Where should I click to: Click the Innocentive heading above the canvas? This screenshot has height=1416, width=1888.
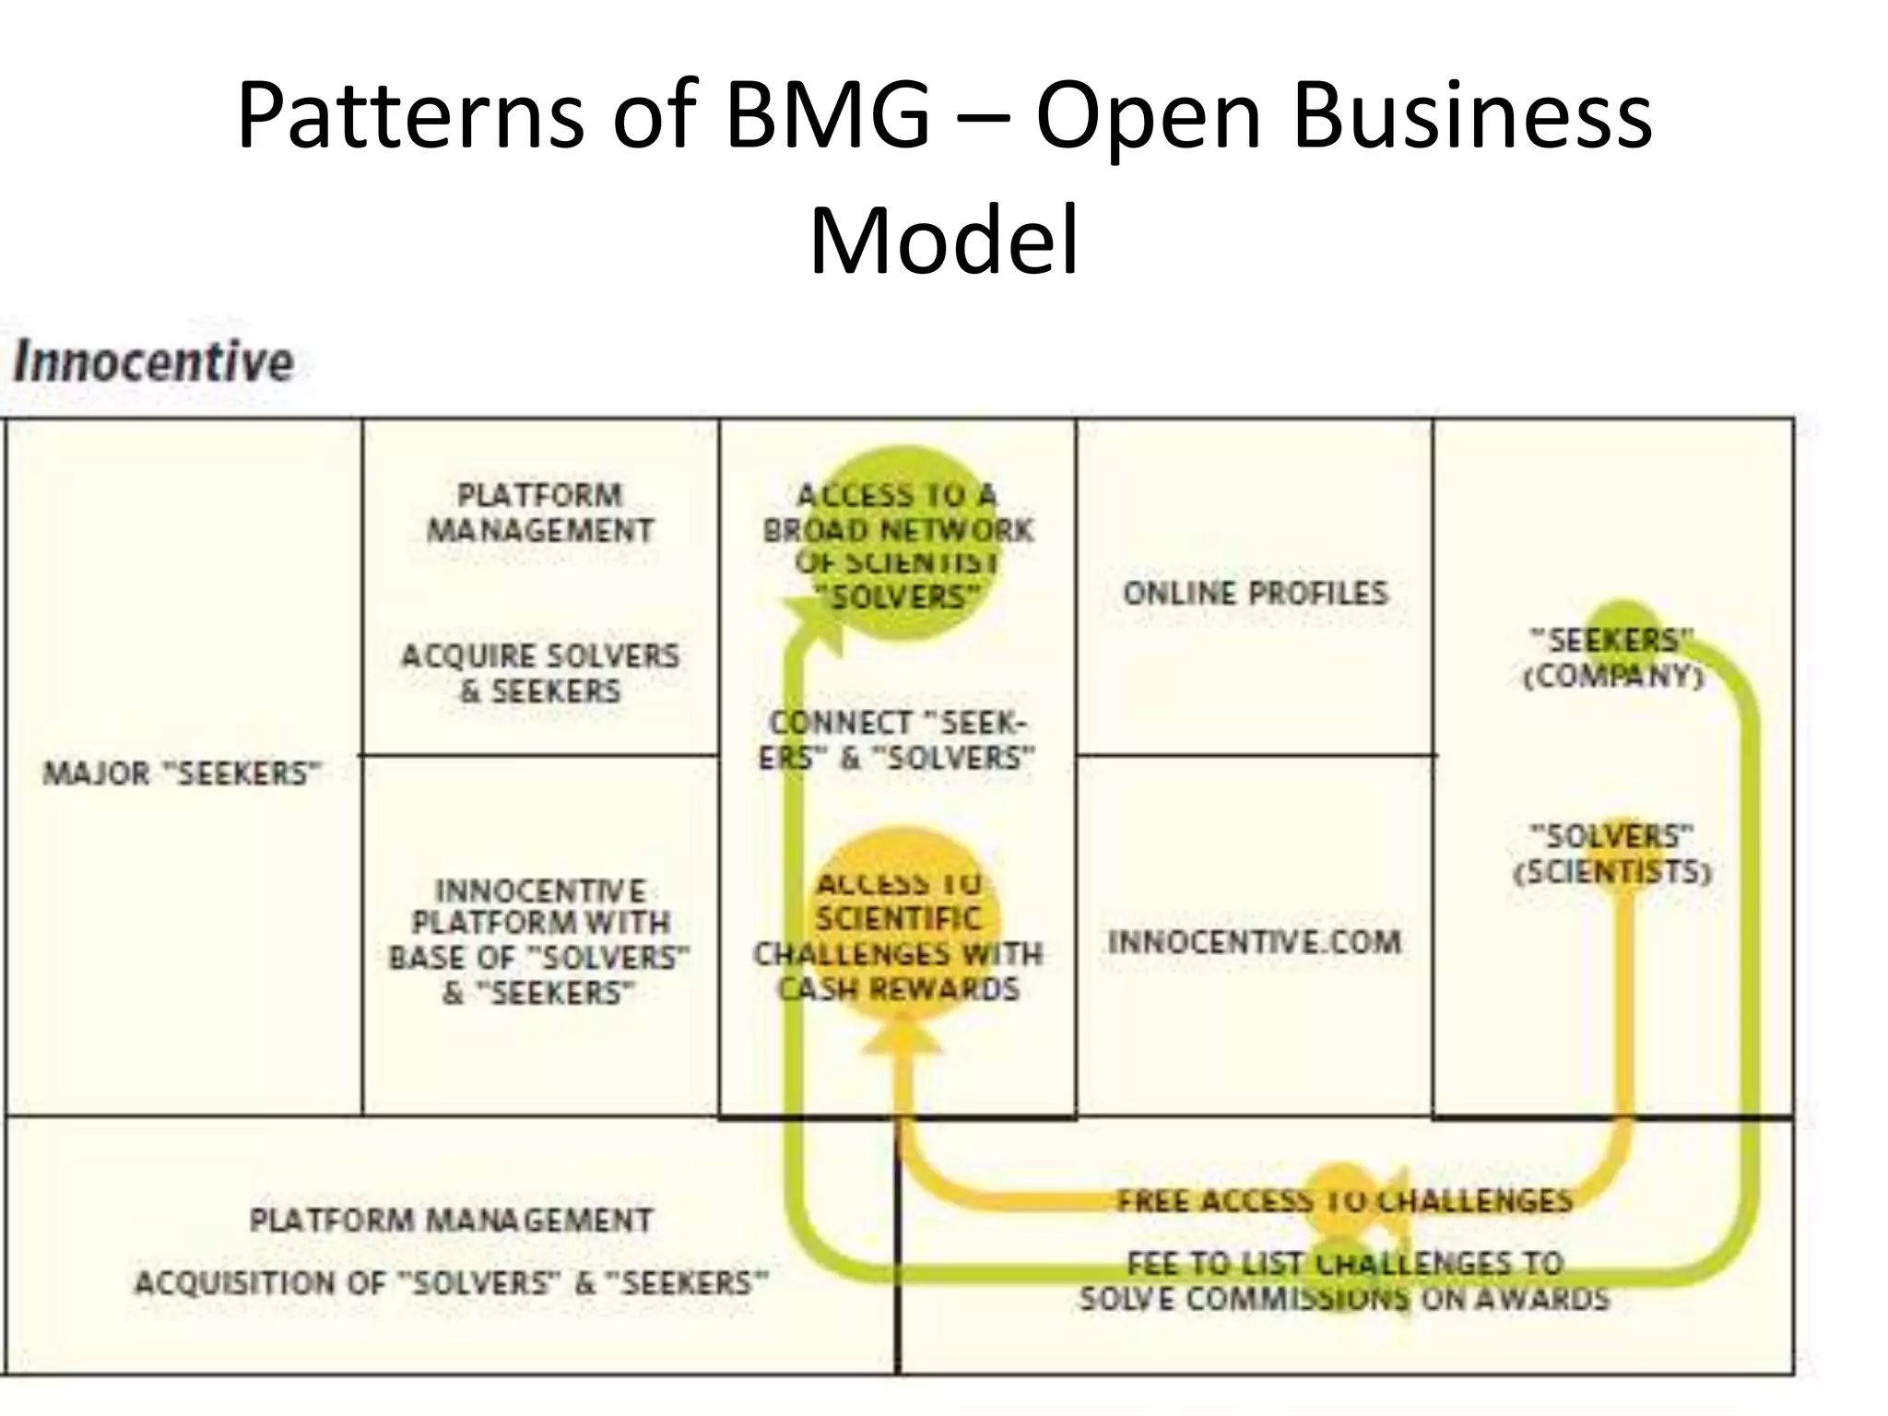tap(153, 361)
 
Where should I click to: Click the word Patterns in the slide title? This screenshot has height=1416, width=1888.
tap(410, 116)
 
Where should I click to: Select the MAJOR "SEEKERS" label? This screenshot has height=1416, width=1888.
tap(182, 773)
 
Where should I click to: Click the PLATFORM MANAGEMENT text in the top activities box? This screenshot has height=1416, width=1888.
tap(540, 513)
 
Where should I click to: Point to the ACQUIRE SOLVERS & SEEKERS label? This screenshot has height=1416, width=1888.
tap(540, 673)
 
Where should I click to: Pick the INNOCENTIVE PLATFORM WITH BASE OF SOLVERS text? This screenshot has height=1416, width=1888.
tap(540, 940)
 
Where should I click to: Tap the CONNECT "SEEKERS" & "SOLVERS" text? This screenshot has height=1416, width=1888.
tap(897, 740)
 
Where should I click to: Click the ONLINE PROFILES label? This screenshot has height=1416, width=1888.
tap(1255, 593)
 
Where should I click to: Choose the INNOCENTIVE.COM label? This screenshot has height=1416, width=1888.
tap(1255, 942)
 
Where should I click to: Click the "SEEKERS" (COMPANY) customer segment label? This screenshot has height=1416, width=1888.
tap(1612, 657)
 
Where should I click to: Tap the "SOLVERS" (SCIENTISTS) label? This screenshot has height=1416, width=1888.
tap(1612, 854)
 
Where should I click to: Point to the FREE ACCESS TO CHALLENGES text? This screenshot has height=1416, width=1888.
tap(1344, 1200)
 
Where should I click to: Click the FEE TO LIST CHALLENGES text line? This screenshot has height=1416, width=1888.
tap(1344, 1263)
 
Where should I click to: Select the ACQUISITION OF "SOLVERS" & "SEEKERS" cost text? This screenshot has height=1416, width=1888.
tap(451, 1282)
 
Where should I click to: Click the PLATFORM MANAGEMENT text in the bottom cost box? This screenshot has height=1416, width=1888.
tap(451, 1220)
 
